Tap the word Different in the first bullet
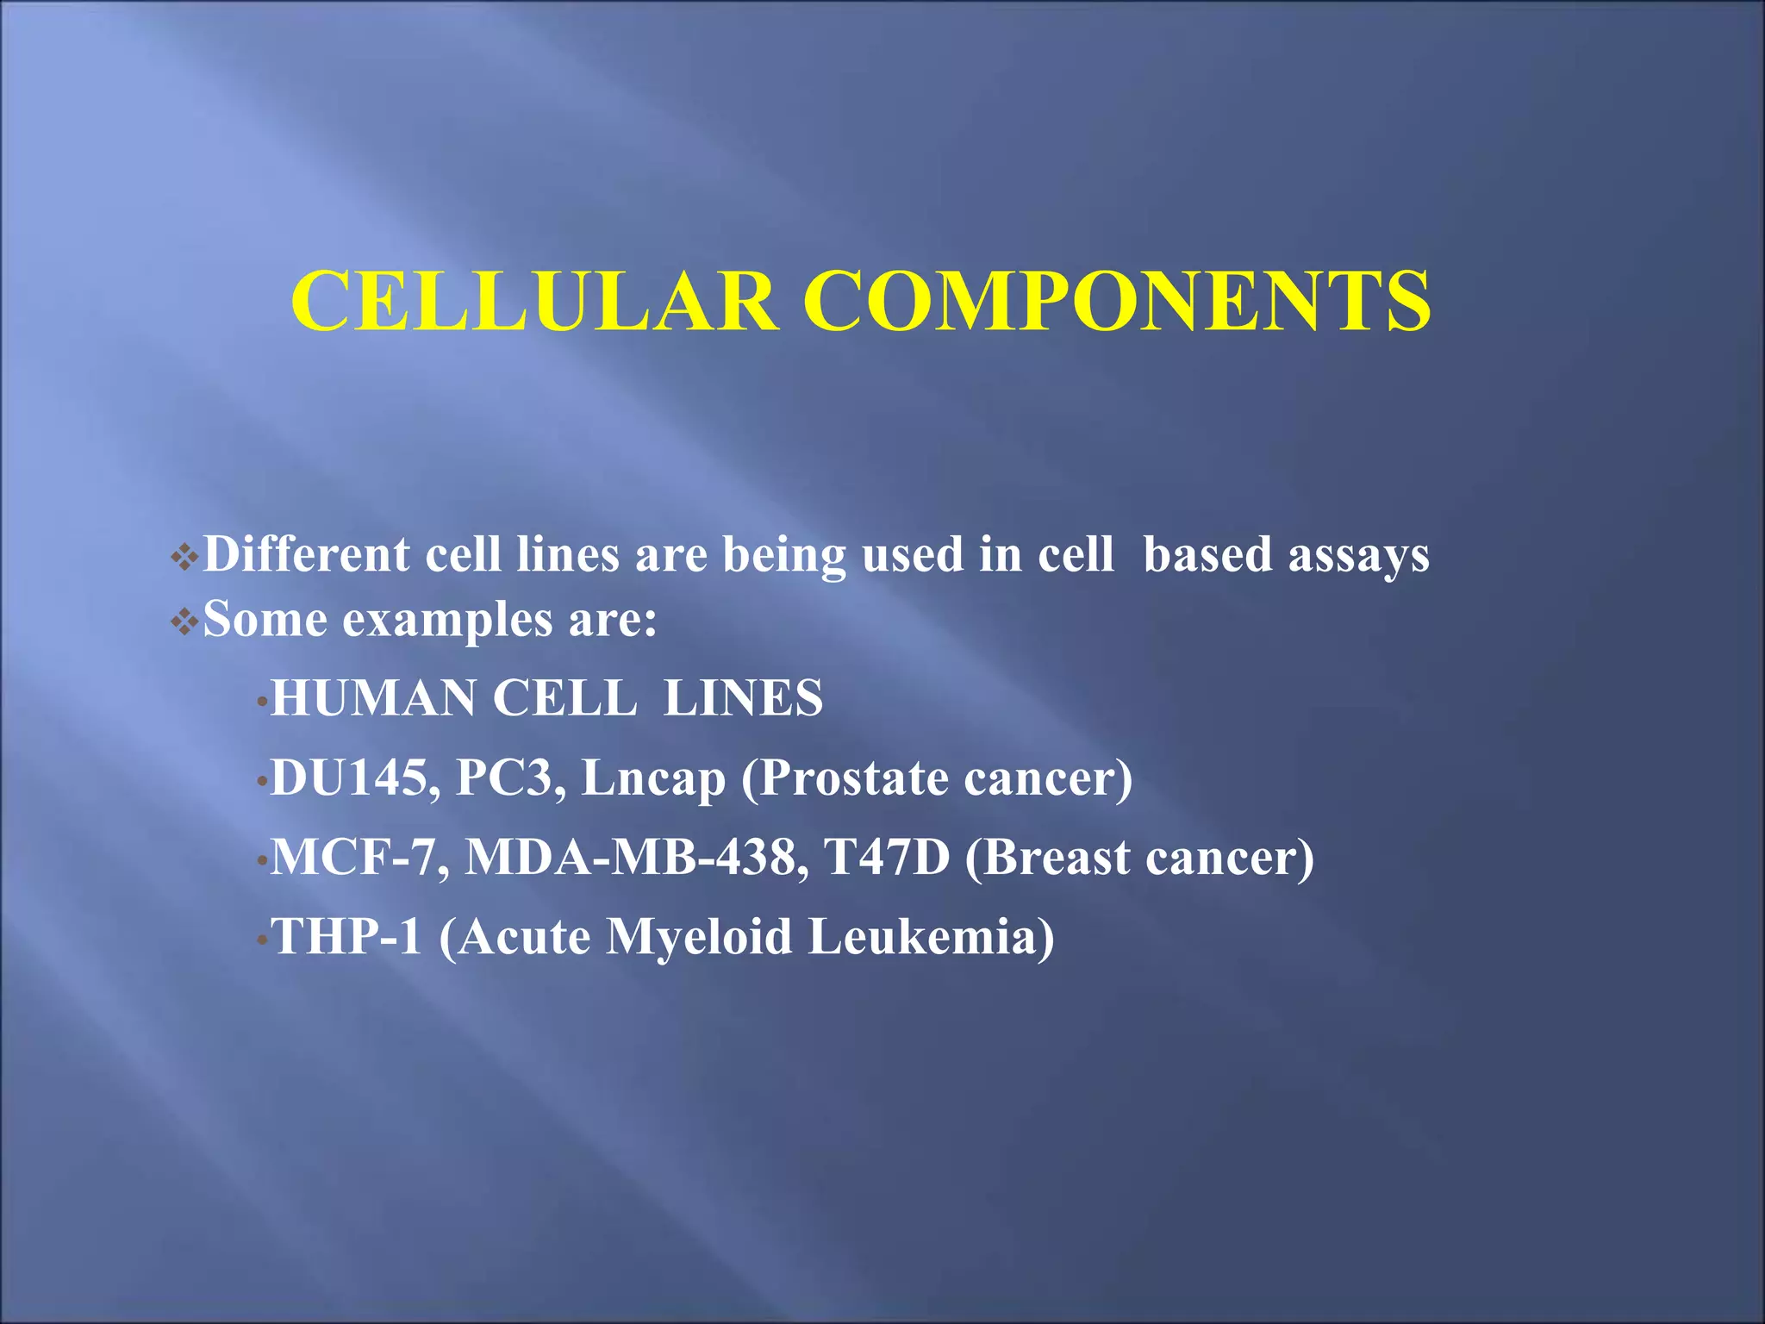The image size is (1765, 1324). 306,554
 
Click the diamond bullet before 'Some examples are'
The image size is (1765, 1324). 184,621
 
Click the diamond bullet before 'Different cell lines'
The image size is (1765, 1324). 184,557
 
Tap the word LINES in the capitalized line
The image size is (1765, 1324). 743,698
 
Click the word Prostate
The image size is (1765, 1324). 852,778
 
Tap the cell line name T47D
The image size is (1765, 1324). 886,858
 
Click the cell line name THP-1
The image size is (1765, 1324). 347,937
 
